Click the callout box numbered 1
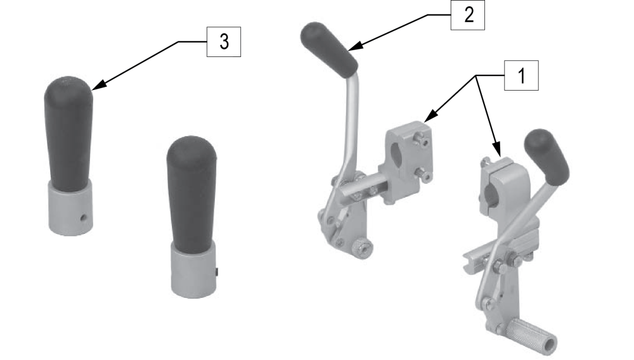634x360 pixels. pos(521,77)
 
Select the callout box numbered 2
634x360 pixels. pos(467,15)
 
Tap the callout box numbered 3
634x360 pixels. pos(224,42)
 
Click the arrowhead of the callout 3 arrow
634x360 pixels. pos(95,87)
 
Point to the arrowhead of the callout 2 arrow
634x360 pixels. pos(351,49)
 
